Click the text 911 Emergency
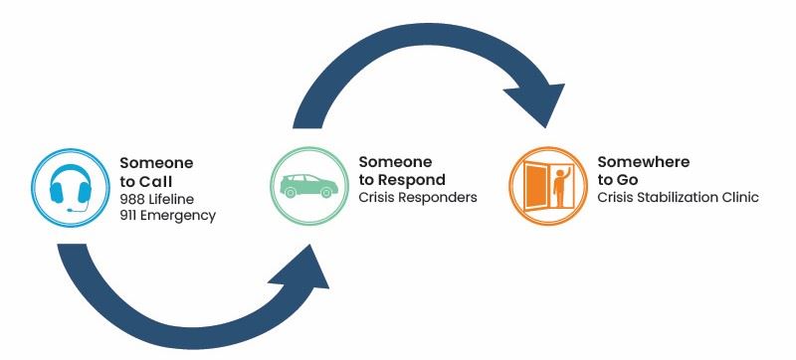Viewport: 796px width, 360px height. tap(167, 214)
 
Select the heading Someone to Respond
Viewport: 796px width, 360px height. tap(401, 170)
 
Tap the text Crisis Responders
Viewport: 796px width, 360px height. tap(417, 197)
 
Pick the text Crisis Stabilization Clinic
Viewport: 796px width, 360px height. tap(677, 197)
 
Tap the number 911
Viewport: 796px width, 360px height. tap(128, 214)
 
